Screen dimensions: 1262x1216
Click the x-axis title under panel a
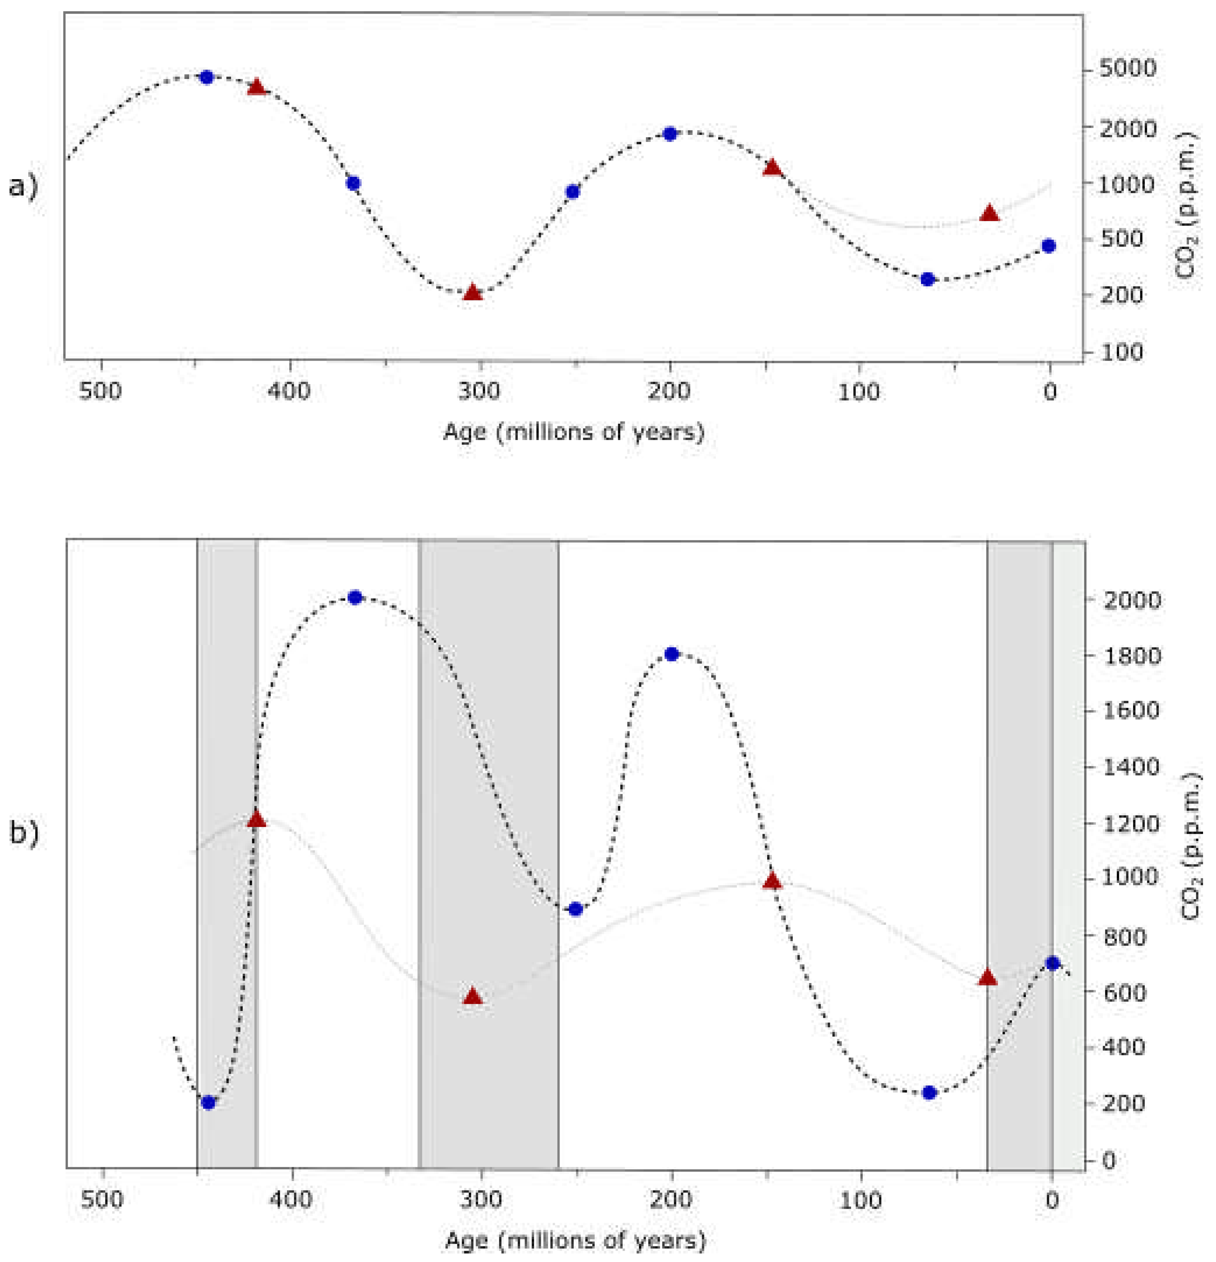(573, 432)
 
